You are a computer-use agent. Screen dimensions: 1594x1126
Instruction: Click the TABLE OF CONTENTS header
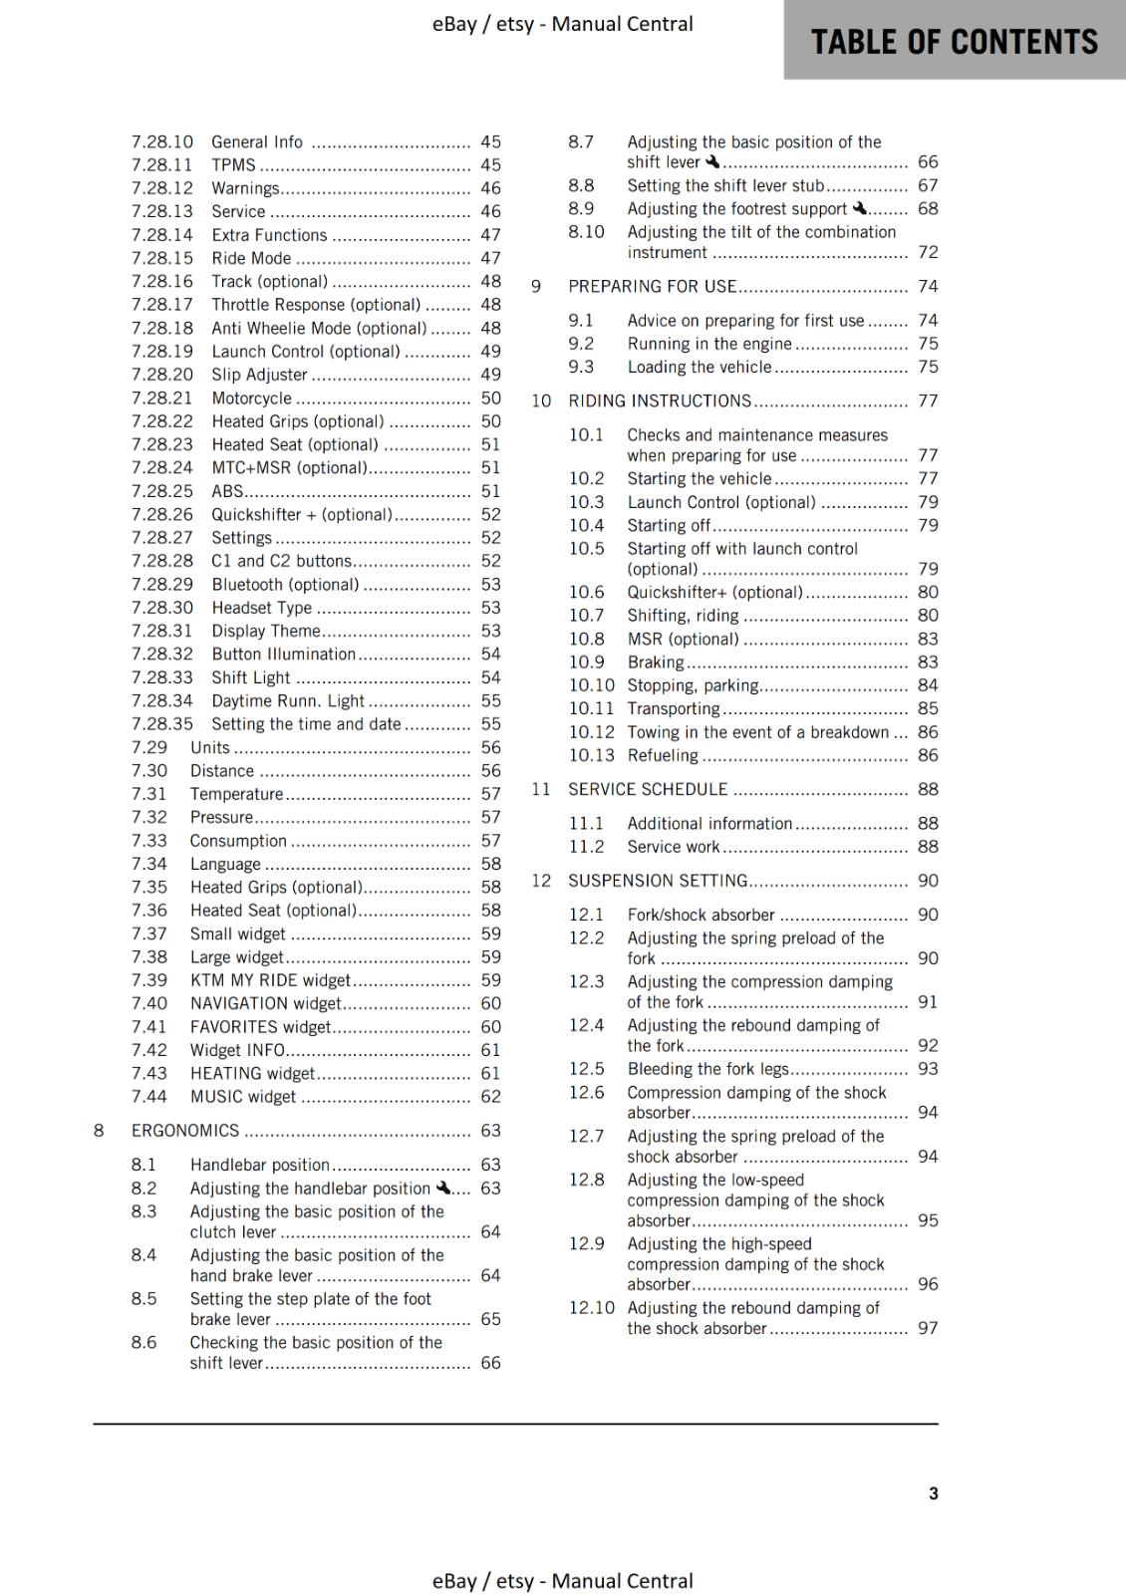coord(954,42)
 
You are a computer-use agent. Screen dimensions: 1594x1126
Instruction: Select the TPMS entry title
coord(233,165)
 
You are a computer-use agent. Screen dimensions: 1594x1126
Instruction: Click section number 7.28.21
coord(162,398)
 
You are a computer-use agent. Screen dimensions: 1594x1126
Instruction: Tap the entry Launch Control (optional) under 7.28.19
coord(305,352)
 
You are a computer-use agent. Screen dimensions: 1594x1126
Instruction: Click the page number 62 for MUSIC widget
coord(490,1097)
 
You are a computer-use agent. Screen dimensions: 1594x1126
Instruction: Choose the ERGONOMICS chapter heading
coord(185,1131)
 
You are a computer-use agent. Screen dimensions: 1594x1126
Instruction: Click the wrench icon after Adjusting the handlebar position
coord(443,1188)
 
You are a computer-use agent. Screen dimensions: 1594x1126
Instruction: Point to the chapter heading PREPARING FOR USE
coord(652,287)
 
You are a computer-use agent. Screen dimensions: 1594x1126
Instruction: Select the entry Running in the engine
coord(708,344)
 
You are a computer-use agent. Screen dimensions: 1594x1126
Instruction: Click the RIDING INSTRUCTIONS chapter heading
coord(660,401)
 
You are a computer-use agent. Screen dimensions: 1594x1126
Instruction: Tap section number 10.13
coord(591,755)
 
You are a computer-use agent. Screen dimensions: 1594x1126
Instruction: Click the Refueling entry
coord(663,755)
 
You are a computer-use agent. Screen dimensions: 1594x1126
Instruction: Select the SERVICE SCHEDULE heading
coord(648,789)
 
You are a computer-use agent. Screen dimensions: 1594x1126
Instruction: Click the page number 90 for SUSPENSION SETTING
coord(928,881)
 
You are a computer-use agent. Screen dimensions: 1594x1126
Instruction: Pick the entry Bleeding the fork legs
coord(707,1069)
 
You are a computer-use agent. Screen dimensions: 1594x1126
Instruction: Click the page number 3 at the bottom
coord(933,1493)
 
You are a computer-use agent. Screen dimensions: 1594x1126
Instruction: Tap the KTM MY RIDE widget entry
coord(270,980)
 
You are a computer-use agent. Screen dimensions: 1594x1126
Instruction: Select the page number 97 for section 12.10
coord(928,1328)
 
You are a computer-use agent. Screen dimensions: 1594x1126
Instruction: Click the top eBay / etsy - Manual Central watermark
coord(562,24)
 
